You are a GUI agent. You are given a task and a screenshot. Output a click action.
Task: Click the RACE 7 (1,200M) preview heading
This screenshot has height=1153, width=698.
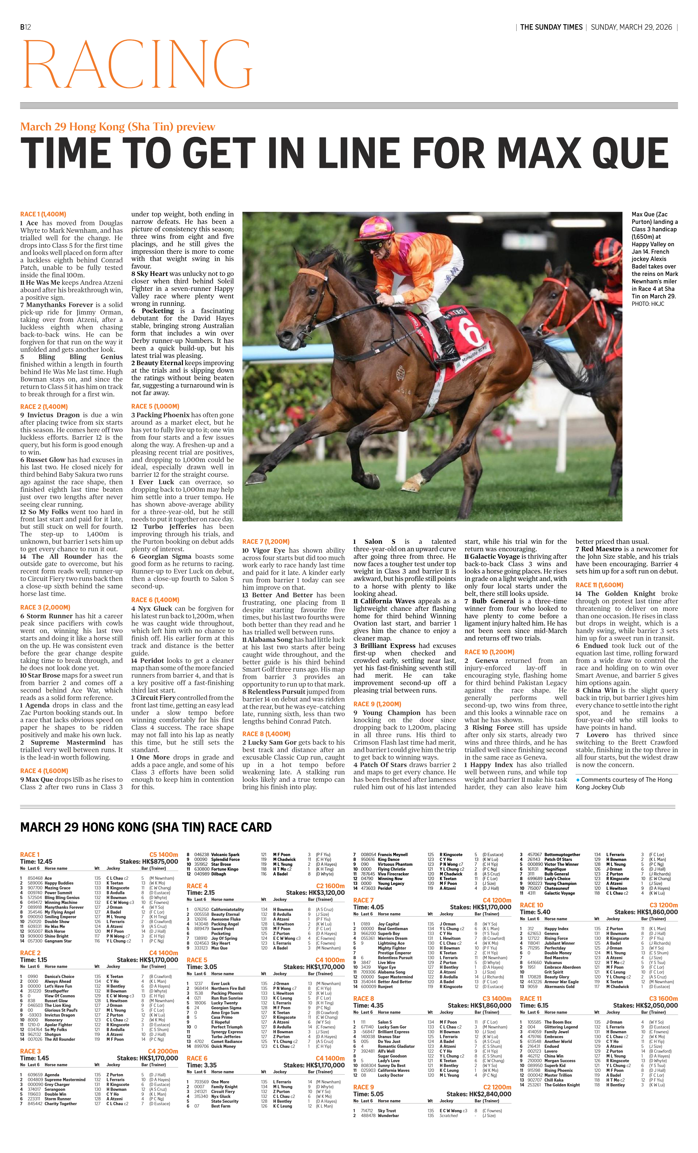266,541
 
